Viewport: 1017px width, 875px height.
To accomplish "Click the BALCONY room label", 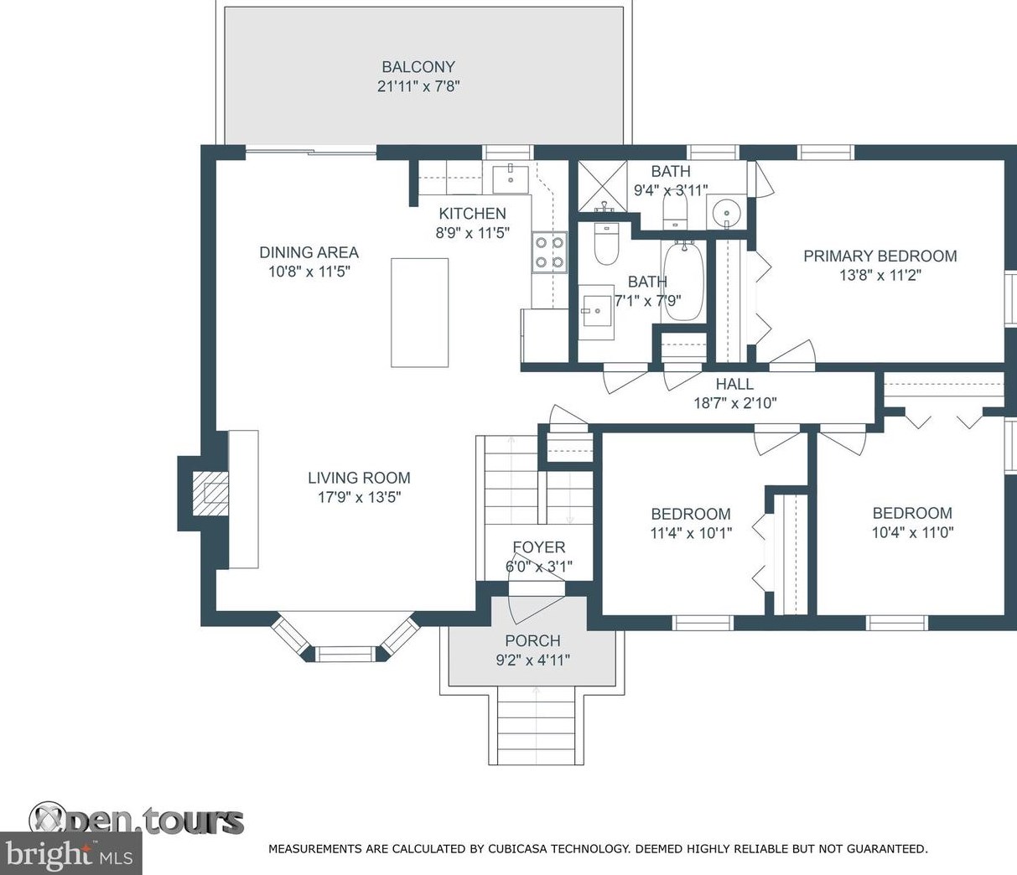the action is [x=418, y=66].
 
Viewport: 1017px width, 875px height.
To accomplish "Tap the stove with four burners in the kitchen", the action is [x=549, y=252].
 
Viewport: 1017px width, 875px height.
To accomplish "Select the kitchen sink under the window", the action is [x=511, y=180].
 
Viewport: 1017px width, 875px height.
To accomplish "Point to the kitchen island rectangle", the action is [x=420, y=313].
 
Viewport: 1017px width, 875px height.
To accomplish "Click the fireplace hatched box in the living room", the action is [x=210, y=494].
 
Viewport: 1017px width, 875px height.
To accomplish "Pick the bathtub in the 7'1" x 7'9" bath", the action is [x=684, y=281].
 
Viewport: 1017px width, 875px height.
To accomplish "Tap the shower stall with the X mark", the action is [x=602, y=186].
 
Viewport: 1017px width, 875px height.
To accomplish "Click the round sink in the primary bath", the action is [x=726, y=211].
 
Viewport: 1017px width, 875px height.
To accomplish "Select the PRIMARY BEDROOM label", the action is [x=880, y=256].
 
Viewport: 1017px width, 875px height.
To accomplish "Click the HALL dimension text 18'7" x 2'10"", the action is [x=735, y=404].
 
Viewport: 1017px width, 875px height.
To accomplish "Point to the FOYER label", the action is [x=539, y=547].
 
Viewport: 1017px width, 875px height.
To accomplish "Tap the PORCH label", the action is [x=533, y=640].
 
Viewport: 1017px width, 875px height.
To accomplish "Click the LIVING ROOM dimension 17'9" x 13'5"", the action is [x=360, y=497].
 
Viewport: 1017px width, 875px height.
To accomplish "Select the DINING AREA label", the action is [x=309, y=252].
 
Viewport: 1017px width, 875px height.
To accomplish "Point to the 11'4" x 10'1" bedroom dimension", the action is [x=692, y=533].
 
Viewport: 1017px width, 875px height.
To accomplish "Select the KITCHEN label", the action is [x=472, y=214].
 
